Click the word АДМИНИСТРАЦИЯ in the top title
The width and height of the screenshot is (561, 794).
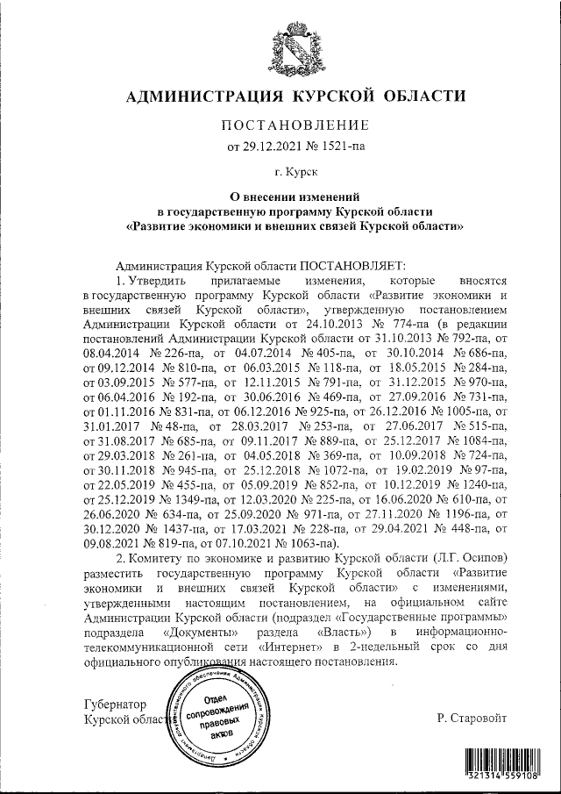pyautogui.click(x=195, y=96)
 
